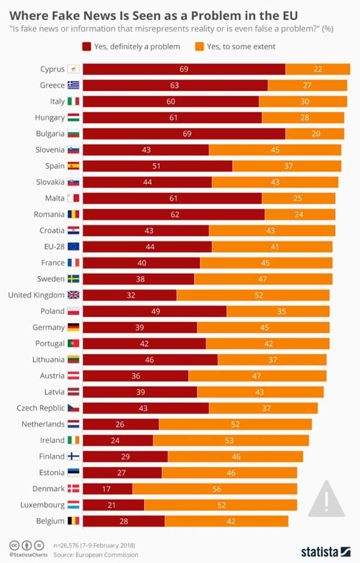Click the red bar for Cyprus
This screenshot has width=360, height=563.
coord(184,69)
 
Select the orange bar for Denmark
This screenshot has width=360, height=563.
coord(215,489)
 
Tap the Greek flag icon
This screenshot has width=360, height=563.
coord(73,85)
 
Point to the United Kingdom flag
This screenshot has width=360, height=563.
coord(73,295)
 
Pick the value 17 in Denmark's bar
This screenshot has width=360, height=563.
coord(107,489)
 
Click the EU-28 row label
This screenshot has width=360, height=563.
coord(52,246)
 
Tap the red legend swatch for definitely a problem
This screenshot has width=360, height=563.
coord(86,46)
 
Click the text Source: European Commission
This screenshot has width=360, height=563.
coord(96,554)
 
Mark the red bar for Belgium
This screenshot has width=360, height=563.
coord(124,520)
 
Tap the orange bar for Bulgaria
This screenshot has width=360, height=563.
coord(315,134)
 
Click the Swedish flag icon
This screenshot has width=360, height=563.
coord(73,279)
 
